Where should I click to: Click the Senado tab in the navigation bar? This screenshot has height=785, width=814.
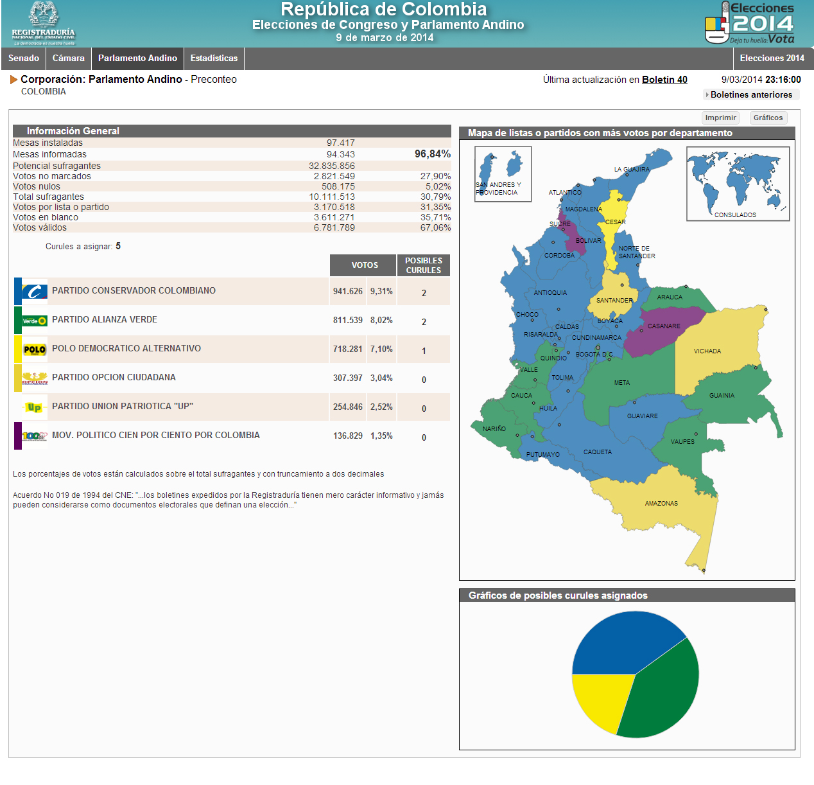click(x=24, y=58)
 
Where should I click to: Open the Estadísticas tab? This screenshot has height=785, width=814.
click(x=214, y=58)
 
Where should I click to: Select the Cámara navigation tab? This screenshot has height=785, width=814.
click(x=69, y=58)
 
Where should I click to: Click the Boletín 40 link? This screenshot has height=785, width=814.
click(x=664, y=80)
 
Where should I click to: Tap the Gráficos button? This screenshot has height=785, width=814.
click(x=768, y=118)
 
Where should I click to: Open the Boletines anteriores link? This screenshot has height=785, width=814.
click(x=750, y=94)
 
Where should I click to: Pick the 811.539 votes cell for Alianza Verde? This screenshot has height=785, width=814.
click(x=348, y=320)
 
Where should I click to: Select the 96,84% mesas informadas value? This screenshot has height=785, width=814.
click(x=432, y=154)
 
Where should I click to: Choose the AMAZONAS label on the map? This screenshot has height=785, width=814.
click(x=661, y=504)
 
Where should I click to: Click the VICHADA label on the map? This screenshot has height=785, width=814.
click(x=707, y=351)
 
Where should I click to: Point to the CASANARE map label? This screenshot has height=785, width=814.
click(x=664, y=326)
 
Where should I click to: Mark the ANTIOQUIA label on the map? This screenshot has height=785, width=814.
click(x=550, y=293)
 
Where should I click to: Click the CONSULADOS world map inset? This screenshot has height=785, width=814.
click(x=738, y=184)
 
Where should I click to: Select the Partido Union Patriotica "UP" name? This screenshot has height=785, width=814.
click(x=123, y=406)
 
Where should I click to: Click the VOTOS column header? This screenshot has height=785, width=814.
click(x=365, y=265)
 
